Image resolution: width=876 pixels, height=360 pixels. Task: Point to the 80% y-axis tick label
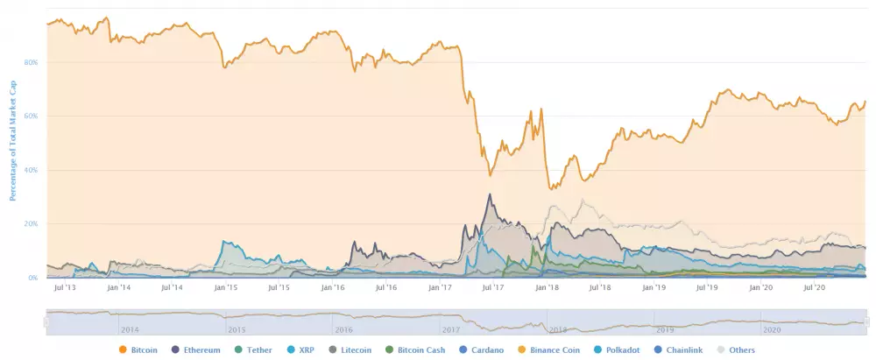coord(32,63)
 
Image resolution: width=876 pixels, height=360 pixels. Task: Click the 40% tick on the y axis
coord(32,170)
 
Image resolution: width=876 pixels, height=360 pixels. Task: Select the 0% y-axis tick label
coord(33,278)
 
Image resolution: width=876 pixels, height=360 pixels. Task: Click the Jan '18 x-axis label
coord(547,287)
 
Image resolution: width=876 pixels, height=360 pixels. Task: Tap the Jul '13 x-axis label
coord(64,287)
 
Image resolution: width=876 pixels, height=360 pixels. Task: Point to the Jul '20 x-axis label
coord(815,287)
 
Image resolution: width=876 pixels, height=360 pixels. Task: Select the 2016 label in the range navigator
coord(343,329)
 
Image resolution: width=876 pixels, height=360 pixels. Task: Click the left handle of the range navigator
coord(47,322)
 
